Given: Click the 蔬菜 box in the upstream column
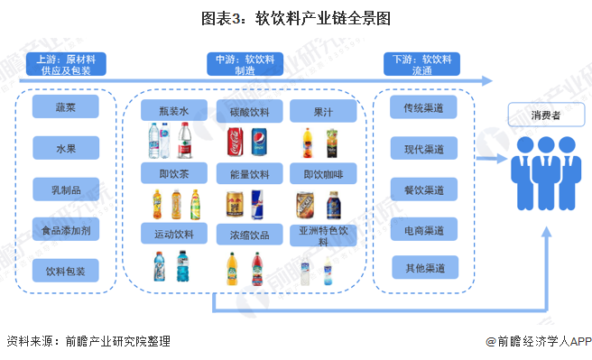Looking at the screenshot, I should pos(65,108).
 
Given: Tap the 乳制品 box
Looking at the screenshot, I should pos(65,189).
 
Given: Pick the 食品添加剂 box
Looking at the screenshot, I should pos(65,229).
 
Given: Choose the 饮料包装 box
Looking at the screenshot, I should pos(65,270).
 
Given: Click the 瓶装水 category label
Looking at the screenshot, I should pos(174,111).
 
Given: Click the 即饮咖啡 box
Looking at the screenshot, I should pos(322,172).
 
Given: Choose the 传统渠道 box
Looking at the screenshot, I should pos(424,108).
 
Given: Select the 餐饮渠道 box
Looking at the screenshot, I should pos(424,189).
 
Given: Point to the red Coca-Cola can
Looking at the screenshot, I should pos(235,142).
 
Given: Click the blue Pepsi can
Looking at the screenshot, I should pos(258,143).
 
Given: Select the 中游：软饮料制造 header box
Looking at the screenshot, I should pos(245,63).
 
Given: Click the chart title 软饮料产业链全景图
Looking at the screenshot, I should pos(295,18).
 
